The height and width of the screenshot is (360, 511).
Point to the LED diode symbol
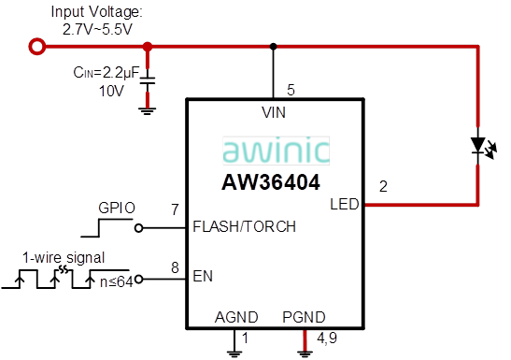tap(478, 146)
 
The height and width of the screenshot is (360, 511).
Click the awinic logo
tap(276, 151)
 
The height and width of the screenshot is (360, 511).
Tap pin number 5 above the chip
tap(291, 90)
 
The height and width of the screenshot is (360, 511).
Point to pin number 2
tap(383, 186)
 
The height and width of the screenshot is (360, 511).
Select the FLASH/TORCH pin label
tap(244, 226)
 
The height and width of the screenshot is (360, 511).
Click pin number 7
tap(174, 209)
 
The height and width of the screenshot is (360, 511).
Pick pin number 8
tap(174, 267)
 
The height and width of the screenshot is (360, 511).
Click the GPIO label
tap(118, 207)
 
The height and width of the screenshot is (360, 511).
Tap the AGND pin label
tap(236, 317)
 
